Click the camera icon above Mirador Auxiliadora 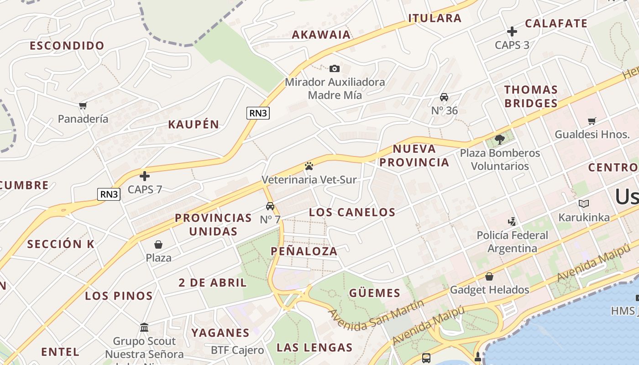point(335,68)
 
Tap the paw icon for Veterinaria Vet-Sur point(309,166)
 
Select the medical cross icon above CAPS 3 point(512,31)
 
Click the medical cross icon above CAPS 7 point(145,176)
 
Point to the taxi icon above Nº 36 point(444,97)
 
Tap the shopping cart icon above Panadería point(83,106)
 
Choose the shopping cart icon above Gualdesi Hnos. point(592,121)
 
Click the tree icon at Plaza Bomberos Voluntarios point(499,139)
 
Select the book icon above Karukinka point(584,203)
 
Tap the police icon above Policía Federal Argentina point(512,222)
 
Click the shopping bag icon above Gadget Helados point(489,276)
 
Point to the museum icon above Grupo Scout point(145,328)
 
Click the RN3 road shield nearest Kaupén point(258,113)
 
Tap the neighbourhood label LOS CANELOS point(352,212)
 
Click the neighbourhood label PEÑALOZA point(304,251)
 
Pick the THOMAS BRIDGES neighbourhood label point(531,96)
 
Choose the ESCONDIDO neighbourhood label point(67,46)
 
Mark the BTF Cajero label point(237,350)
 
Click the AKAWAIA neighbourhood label point(321,35)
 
